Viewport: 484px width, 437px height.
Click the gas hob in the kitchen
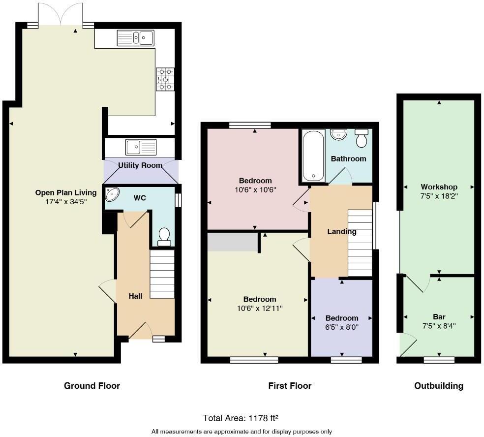point(165,79)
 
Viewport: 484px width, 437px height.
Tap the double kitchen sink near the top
point(135,38)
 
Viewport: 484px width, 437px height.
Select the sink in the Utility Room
point(141,147)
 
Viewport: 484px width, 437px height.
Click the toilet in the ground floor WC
point(164,237)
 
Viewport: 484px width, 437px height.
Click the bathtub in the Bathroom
point(313,156)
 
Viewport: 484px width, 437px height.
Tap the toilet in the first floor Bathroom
point(362,139)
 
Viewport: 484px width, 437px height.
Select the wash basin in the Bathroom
point(338,134)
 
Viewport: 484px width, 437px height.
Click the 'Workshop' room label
point(439,187)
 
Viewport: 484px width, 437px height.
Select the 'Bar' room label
point(439,317)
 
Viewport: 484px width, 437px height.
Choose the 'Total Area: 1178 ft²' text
point(241,418)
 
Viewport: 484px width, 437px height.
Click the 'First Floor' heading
point(290,386)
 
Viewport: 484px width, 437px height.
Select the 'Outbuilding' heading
point(438,386)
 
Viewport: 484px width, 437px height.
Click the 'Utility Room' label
point(141,165)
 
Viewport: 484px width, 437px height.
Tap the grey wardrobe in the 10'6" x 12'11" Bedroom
point(232,242)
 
